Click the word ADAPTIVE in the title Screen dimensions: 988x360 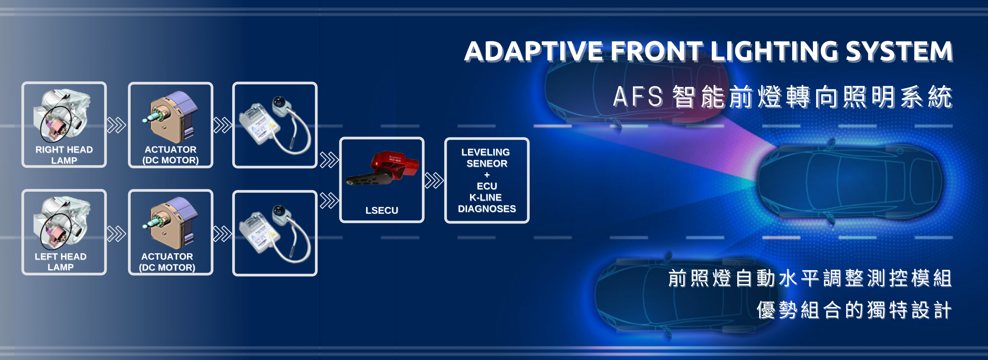533,51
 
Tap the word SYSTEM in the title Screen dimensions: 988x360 899,51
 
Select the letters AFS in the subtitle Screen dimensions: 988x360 638,97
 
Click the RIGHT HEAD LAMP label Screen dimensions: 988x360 64,155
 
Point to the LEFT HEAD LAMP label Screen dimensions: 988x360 61,262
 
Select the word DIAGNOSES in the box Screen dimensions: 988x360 487,209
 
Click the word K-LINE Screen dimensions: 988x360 485,197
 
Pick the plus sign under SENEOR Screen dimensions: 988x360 487,175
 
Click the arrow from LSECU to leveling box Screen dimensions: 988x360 434,180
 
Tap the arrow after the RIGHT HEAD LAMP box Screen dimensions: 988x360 117,125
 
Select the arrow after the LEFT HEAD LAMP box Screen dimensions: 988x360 117,234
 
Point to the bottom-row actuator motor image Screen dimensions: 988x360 171,224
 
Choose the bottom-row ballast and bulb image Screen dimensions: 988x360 274,233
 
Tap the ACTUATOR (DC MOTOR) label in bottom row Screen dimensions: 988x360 167,262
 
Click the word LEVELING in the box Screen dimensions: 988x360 485,152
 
